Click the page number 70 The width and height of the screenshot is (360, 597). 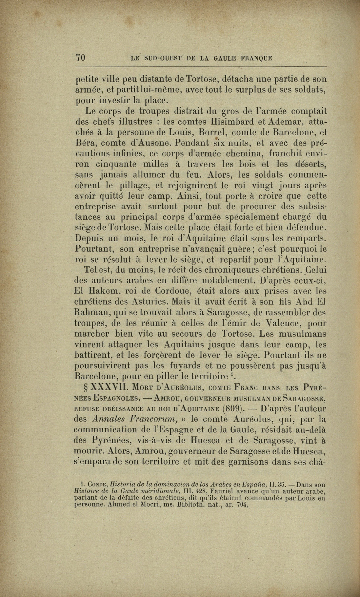coord(81,58)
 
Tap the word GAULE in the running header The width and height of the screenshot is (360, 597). coord(226,58)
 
